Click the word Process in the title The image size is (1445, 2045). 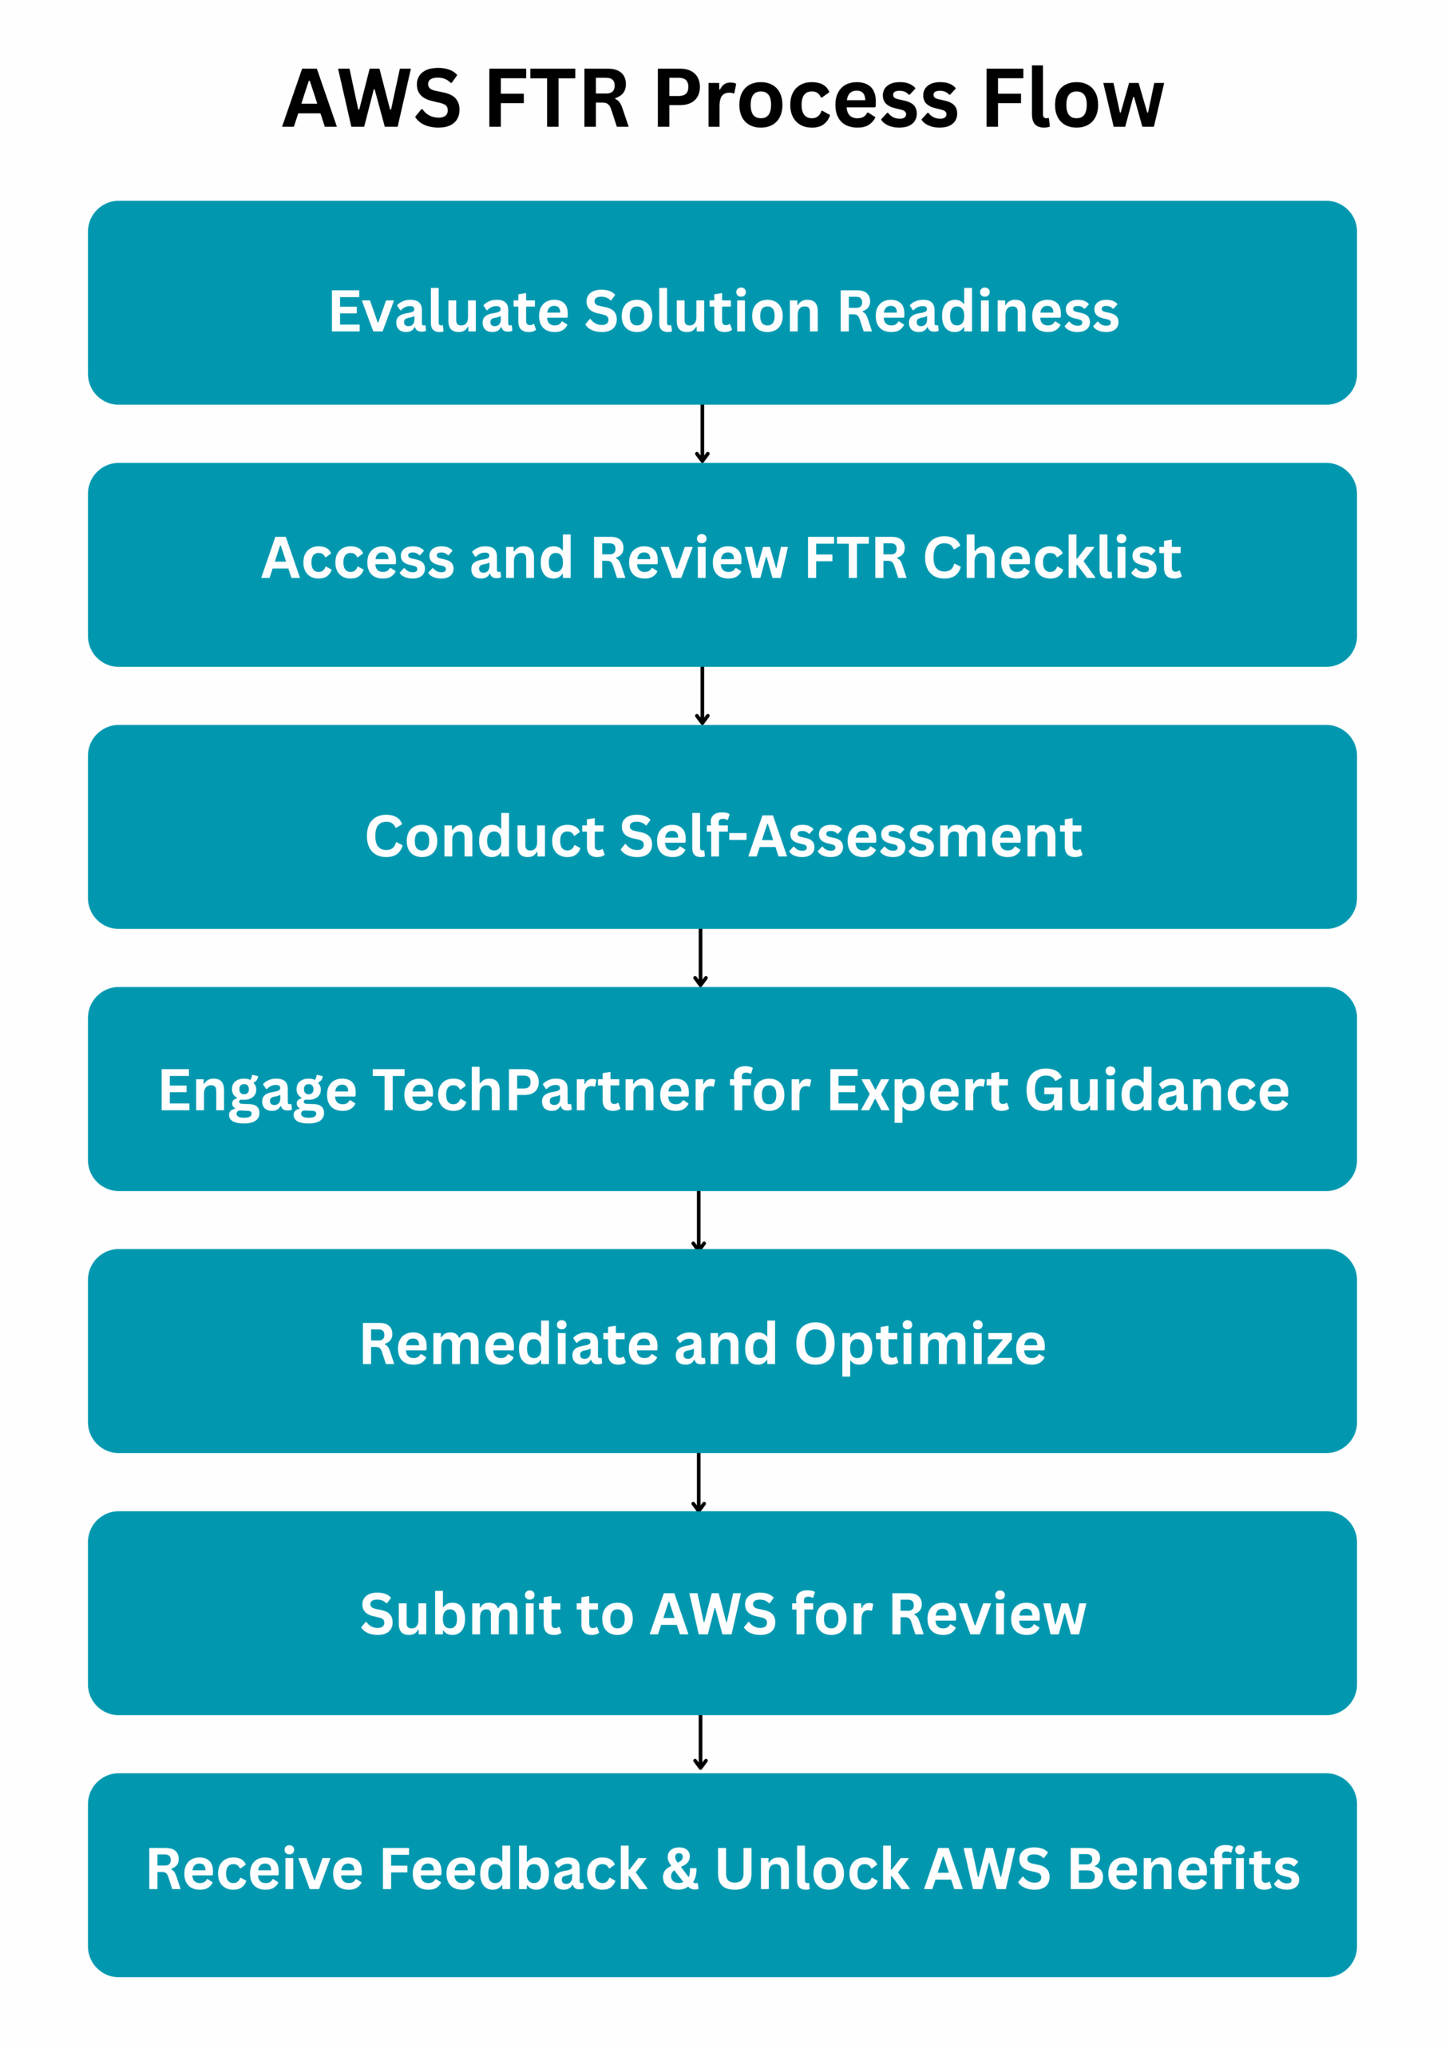click(x=806, y=99)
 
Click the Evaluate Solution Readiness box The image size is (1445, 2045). click(x=722, y=303)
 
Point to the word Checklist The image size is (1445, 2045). click(x=1052, y=558)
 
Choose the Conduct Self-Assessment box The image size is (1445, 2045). click(x=722, y=827)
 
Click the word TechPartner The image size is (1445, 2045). click(x=543, y=1091)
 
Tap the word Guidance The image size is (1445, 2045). click(x=1157, y=1090)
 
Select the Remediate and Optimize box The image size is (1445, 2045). click(x=722, y=1351)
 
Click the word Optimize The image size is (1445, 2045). click(x=920, y=1347)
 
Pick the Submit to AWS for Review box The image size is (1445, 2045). click(x=722, y=1613)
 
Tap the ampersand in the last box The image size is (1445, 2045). click(x=680, y=1868)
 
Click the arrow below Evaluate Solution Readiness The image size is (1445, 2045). click(x=702, y=434)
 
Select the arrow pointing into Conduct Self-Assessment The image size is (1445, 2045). click(x=702, y=696)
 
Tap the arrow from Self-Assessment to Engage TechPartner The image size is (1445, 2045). click(x=700, y=959)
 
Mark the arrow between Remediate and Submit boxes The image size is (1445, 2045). click(x=698, y=1482)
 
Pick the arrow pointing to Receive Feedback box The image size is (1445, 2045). click(x=700, y=1743)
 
